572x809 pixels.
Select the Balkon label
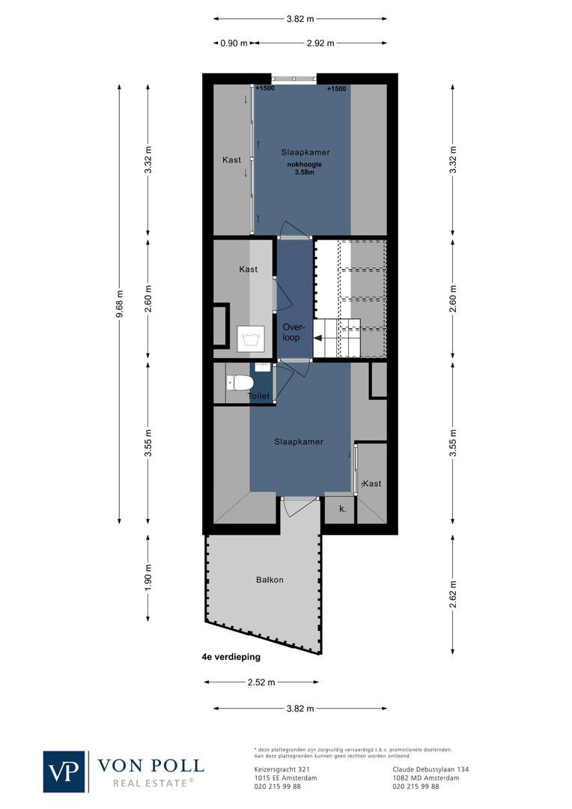pyautogui.click(x=270, y=580)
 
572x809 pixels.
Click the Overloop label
pyautogui.click(x=291, y=332)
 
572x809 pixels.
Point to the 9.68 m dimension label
pyautogui.click(x=119, y=304)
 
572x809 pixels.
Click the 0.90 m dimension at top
pyautogui.click(x=234, y=43)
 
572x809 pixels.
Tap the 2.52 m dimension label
pyautogui.click(x=261, y=682)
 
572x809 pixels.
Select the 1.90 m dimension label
pyautogui.click(x=148, y=578)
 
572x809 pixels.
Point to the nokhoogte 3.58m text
pyautogui.click(x=302, y=168)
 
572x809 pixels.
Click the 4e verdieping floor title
pyautogui.click(x=231, y=657)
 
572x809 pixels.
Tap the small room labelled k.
pyautogui.click(x=341, y=509)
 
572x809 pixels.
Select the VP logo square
pyautogui.click(x=64, y=771)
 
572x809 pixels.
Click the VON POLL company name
pyautogui.click(x=150, y=765)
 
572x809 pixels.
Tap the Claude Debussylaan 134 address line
pyautogui.click(x=430, y=769)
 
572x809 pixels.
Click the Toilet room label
pyautogui.click(x=258, y=396)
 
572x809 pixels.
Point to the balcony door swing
pyautogui.click(x=294, y=509)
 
